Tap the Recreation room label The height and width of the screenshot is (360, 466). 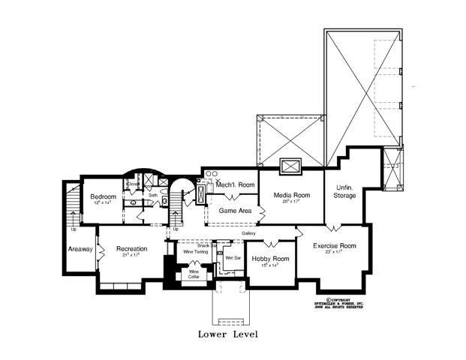click(131, 248)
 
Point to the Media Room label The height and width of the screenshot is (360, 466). click(286, 196)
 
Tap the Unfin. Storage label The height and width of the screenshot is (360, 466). click(344, 191)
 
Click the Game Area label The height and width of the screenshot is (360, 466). click(233, 211)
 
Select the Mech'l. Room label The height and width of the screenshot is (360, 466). click(235, 184)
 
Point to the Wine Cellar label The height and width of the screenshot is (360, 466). click(194, 274)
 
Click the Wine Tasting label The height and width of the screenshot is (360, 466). click(196, 252)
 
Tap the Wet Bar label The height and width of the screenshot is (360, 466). click(233, 258)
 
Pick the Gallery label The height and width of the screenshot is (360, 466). click(248, 232)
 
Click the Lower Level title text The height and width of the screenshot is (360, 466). click(228, 334)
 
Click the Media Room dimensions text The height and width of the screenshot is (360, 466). click(286, 202)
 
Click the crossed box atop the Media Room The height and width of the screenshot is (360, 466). click(290, 166)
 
